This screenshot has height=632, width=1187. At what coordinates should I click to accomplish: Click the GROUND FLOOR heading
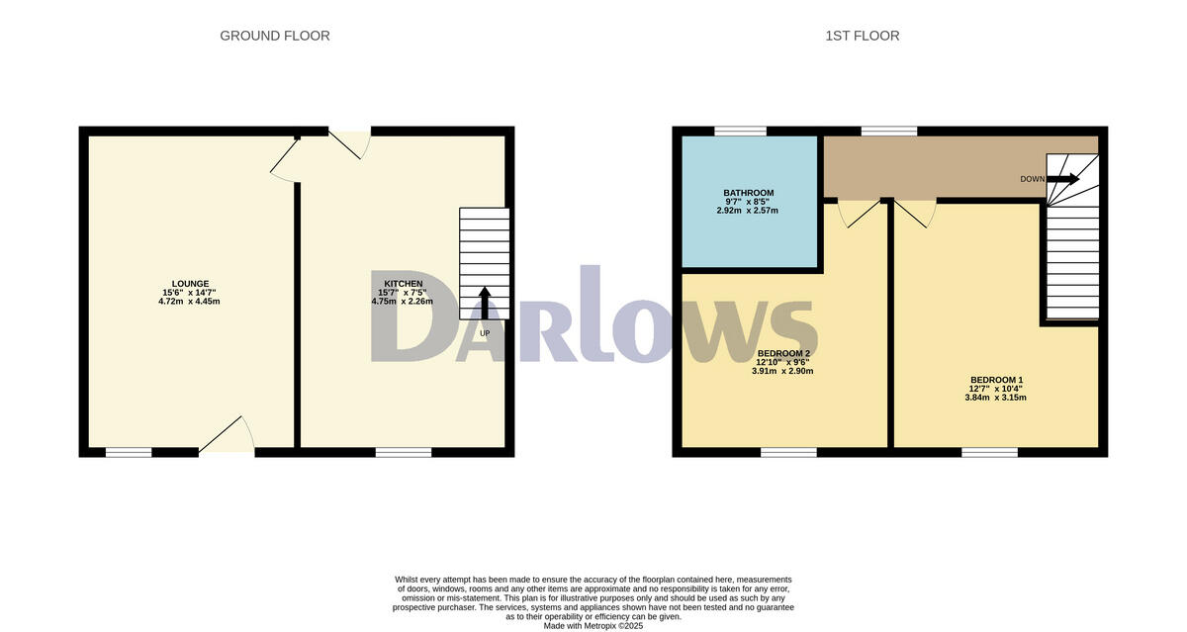click(274, 36)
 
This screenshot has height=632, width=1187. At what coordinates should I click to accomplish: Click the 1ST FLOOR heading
click(862, 36)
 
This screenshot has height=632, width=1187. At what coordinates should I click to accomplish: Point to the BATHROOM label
click(748, 193)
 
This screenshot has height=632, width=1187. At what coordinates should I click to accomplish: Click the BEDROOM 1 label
click(996, 381)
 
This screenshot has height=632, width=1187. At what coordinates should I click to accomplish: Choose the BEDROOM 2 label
click(783, 353)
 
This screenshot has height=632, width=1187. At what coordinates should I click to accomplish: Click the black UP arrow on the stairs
click(484, 302)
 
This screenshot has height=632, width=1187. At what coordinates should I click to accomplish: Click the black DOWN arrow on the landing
click(1063, 179)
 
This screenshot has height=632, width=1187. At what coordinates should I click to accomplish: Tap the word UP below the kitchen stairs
click(484, 333)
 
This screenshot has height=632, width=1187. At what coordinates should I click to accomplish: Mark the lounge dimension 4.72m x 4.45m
click(188, 301)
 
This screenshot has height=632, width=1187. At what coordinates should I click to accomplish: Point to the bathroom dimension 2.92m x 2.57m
click(748, 210)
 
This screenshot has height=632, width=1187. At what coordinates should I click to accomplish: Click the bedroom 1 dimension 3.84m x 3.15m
click(996, 398)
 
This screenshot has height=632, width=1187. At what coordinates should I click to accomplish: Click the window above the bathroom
click(740, 131)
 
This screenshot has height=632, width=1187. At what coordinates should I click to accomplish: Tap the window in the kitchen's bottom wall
click(403, 452)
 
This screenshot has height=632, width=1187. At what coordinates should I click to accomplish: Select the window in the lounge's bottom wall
click(129, 452)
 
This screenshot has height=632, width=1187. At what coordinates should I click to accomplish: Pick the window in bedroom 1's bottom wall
click(989, 452)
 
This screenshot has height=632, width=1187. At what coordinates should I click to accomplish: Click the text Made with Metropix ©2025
click(593, 625)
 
